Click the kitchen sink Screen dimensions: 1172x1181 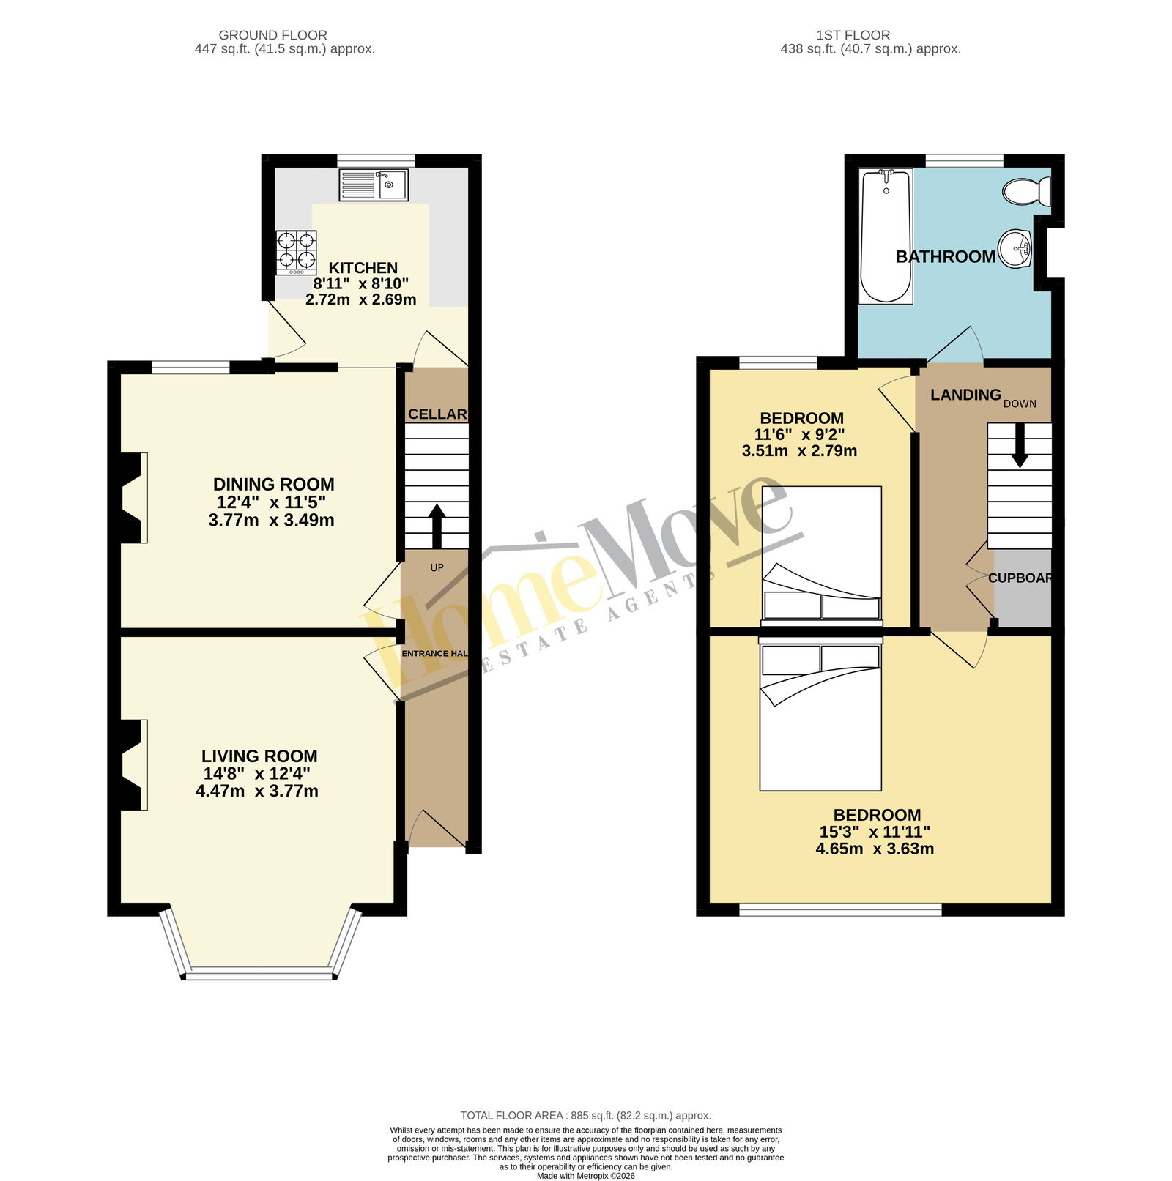click(x=374, y=185)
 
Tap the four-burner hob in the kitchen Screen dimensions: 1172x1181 click(x=296, y=253)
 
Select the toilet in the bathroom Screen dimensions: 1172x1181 click(x=1027, y=192)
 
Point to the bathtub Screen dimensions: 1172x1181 click(x=886, y=236)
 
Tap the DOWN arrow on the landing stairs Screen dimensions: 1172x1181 click(x=1020, y=446)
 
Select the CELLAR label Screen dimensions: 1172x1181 click(x=437, y=414)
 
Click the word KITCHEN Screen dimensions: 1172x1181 click(x=363, y=268)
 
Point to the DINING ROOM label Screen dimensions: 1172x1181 click(x=273, y=484)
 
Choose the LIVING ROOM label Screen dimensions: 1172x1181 click(x=259, y=756)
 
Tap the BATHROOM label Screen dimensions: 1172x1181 click(x=946, y=257)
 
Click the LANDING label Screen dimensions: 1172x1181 click(x=965, y=395)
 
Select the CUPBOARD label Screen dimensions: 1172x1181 click(x=1020, y=578)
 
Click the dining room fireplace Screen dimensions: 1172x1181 click(x=131, y=498)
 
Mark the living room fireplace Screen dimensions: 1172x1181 click(x=131, y=765)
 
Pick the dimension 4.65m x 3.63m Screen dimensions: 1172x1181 click(x=875, y=849)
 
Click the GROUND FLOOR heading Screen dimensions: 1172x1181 click(x=272, y=35)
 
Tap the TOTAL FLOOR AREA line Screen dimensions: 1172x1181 click(x=586, y=1116)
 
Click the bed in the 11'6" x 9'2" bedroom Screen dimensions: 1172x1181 click(x=822, y=556)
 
